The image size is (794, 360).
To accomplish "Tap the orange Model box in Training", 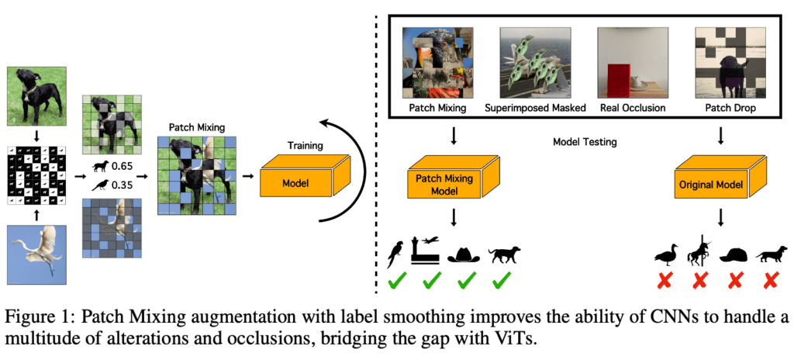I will [x=298, y=184].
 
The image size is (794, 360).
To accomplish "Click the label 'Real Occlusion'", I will [x=630, y=108].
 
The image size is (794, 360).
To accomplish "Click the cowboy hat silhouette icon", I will [x=463, y=252].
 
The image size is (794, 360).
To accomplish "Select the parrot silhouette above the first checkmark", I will [x=396, y=252].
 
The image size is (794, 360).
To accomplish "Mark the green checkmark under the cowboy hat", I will [x=463, y=277].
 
